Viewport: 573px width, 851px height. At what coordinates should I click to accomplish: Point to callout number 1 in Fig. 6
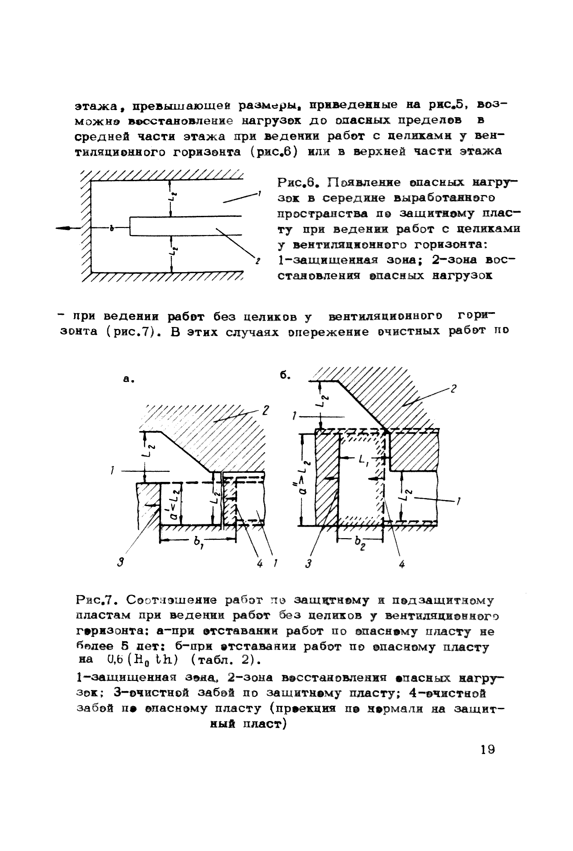click(259, 193)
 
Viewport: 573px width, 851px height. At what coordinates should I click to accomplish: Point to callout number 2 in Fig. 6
click(258, 261)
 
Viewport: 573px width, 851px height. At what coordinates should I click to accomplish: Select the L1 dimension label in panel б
click(364, 462)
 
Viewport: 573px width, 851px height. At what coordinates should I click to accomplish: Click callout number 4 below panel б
click(402, 564)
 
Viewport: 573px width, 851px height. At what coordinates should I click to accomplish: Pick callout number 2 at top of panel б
click(453, 389)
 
